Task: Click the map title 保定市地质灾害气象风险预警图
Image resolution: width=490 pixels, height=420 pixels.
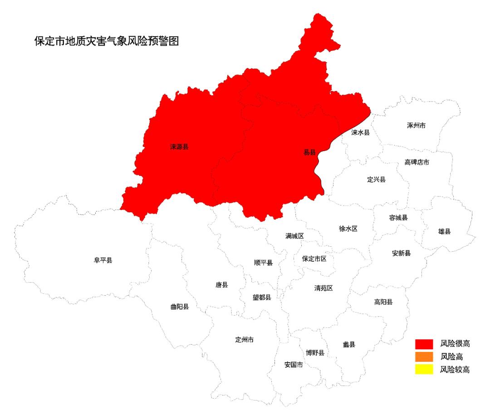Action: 107,41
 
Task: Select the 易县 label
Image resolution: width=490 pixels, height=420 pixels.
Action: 309,152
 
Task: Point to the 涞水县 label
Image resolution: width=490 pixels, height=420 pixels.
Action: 361,132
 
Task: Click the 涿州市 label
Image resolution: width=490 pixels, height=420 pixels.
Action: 416,125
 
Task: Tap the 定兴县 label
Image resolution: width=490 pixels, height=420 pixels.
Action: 376,179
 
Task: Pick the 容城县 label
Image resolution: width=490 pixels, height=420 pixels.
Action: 398,217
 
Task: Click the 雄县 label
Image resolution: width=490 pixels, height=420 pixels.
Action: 444,231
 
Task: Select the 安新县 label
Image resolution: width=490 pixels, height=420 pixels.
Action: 401,253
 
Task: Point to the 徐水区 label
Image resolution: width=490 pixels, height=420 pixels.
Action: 348,229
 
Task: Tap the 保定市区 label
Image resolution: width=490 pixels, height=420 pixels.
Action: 314,259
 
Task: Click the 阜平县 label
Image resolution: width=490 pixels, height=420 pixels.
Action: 103,260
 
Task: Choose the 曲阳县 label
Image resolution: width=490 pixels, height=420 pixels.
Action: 179,307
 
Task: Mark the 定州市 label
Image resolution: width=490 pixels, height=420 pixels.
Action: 245,340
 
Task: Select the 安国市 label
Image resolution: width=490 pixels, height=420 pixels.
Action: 294,364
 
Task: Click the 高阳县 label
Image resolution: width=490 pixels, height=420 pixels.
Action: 383,302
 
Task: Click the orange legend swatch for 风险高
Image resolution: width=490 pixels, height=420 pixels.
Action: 424,357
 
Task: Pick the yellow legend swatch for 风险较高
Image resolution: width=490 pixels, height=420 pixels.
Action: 424,369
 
